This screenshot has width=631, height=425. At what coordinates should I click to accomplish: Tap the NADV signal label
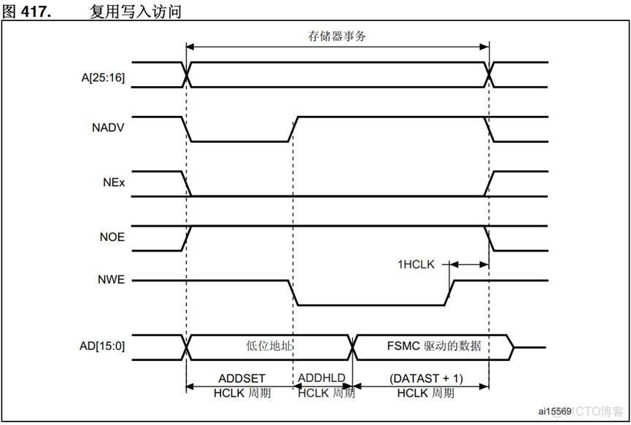coord(108,129)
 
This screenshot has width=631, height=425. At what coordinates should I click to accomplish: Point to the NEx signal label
coord(114,183)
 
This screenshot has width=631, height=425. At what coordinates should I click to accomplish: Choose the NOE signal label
coord(112,238)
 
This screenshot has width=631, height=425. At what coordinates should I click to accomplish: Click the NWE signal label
coord(112,280)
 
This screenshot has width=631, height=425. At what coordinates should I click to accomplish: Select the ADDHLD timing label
coord(322,379)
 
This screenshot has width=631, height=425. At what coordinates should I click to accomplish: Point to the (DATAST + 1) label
coord(426,379)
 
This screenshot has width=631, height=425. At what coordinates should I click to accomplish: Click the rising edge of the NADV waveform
coord(293,129)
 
